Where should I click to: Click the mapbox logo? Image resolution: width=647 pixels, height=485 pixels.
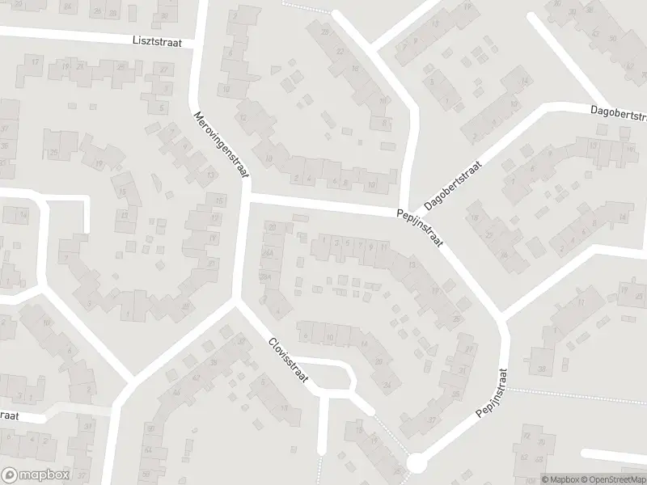point(35,475)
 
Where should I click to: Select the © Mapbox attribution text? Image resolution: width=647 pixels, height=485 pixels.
point(560,479)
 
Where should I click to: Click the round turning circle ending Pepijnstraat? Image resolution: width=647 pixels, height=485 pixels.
point(417,464)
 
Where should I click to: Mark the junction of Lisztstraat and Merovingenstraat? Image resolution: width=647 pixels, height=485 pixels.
point(196,45)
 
